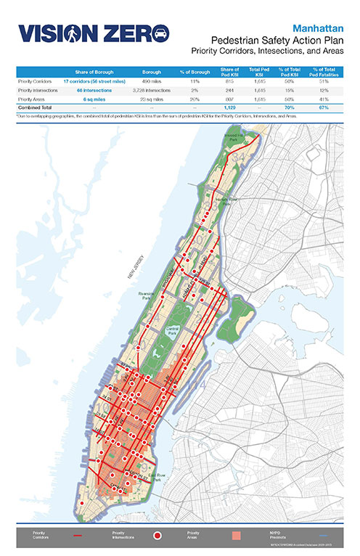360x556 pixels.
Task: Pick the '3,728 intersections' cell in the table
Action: (x=151, y=90)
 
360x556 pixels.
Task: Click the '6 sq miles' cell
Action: (x=92, y=98)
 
